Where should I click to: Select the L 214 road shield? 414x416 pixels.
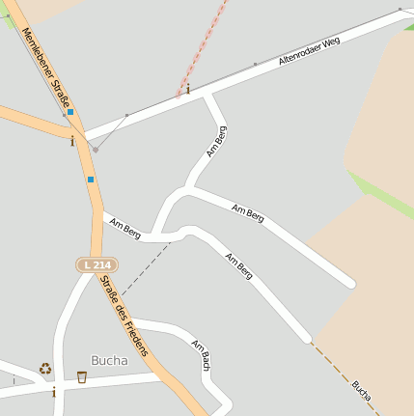(x=97, y=264)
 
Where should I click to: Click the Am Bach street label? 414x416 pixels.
(x=202, y=356)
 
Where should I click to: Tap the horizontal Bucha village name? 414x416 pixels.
(x=109, y=360)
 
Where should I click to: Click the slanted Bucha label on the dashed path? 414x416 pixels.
(x=361, y=389)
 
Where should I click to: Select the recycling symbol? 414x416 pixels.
(x=45, y=368)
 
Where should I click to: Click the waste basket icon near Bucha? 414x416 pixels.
(x=82, y=376)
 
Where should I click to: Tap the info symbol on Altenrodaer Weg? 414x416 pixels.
(x=187, y=89)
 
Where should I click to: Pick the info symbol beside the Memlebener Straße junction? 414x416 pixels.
(x=72, y=141)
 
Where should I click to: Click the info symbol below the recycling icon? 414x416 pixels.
(x=54, y=392)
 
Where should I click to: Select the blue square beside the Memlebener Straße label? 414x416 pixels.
(x=70, y=112)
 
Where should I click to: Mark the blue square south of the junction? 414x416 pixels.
(x=91, y=179)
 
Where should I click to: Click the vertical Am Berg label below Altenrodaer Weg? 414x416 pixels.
(x=217, y=141)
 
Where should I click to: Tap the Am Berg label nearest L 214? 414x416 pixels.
(x=125, y=229)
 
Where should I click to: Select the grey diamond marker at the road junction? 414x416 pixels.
(x=95, y=150)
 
